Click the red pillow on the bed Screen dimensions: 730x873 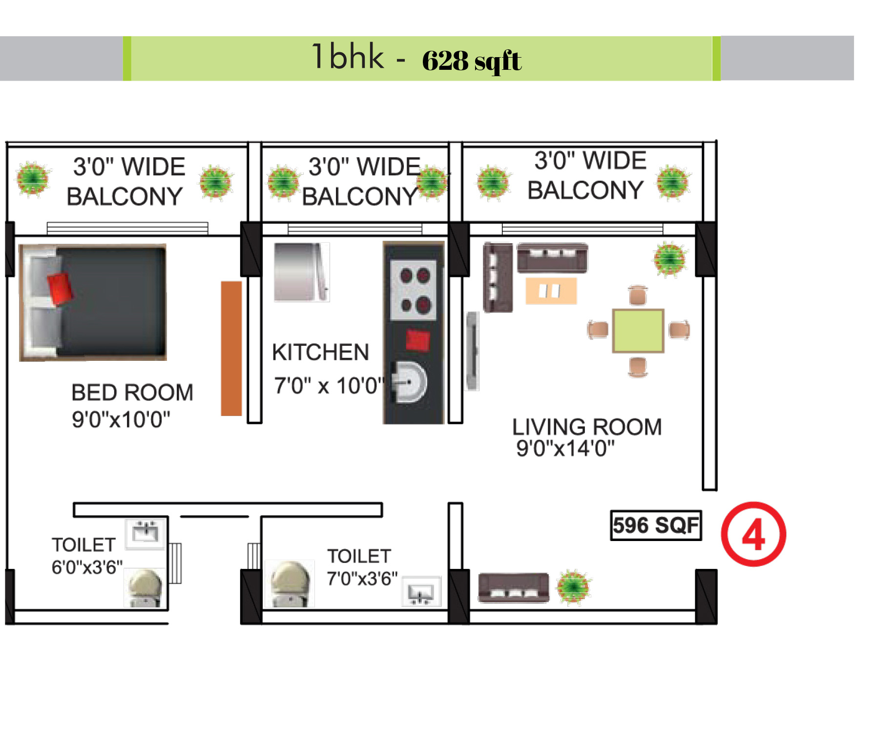60,289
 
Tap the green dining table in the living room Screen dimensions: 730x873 638,331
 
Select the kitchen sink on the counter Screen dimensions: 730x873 409,382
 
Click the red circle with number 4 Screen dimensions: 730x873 753,534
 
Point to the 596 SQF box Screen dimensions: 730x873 656,525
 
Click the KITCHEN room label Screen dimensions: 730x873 320,352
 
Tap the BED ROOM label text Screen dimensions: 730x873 132,393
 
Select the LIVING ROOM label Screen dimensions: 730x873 587,427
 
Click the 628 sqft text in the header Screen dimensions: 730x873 472,61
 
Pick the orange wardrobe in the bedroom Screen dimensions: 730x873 231,348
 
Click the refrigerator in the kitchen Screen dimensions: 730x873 301,272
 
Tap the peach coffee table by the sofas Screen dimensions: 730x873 551,291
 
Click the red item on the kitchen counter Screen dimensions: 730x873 418,340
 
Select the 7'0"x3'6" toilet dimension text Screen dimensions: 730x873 362,579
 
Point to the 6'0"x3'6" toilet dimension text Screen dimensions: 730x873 87,567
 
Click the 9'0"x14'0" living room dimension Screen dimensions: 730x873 565,448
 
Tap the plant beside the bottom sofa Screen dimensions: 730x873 574,586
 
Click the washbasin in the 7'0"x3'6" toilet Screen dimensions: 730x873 421,592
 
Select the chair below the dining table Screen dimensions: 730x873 638,367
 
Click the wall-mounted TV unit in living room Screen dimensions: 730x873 472,351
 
